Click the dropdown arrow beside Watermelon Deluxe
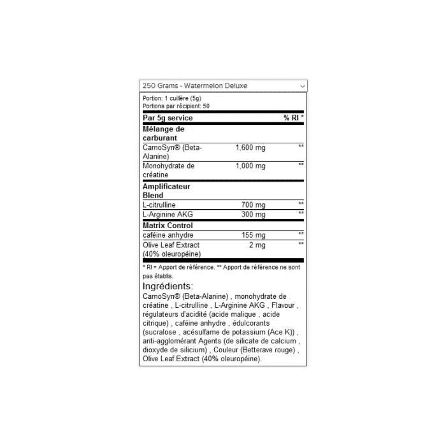pyautogui.click(x=303, y=86)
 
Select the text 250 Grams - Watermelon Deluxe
pyautogui.click(x=195, y=85)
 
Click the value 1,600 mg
pyautogui.click(x=250, y=148)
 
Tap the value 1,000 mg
pyautogui.click(x=250, y=166)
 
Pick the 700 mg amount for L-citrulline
pyautogui.click(x=253, y=205)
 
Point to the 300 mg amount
pyautogui.click(x=253, y=214)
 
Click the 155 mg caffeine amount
pyautogui.click(x=254, y=235)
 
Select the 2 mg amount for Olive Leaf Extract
pyautogui.click(x=257, y=245)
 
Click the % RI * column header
pyautogui.click(x=294, y=117)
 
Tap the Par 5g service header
pyautogui.click(x=168, y=118)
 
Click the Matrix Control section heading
pyautogui.click(x=168, y=226)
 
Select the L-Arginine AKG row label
pyautogui.click(x=168, y=214)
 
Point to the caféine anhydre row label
pyautogui.click(x=168, y=235)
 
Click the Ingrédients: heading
pyautogui.click(x=168, y=286)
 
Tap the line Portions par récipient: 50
pyautogui.click(x=176, y=106)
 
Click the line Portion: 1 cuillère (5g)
pyautogui.click(x=172, y=98)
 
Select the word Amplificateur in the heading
pyautogui.click(x=166, y=187)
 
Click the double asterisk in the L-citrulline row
pyautogui.click(x=301, y=203)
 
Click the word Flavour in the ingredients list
pyautogui.click(x=283, y=305)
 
